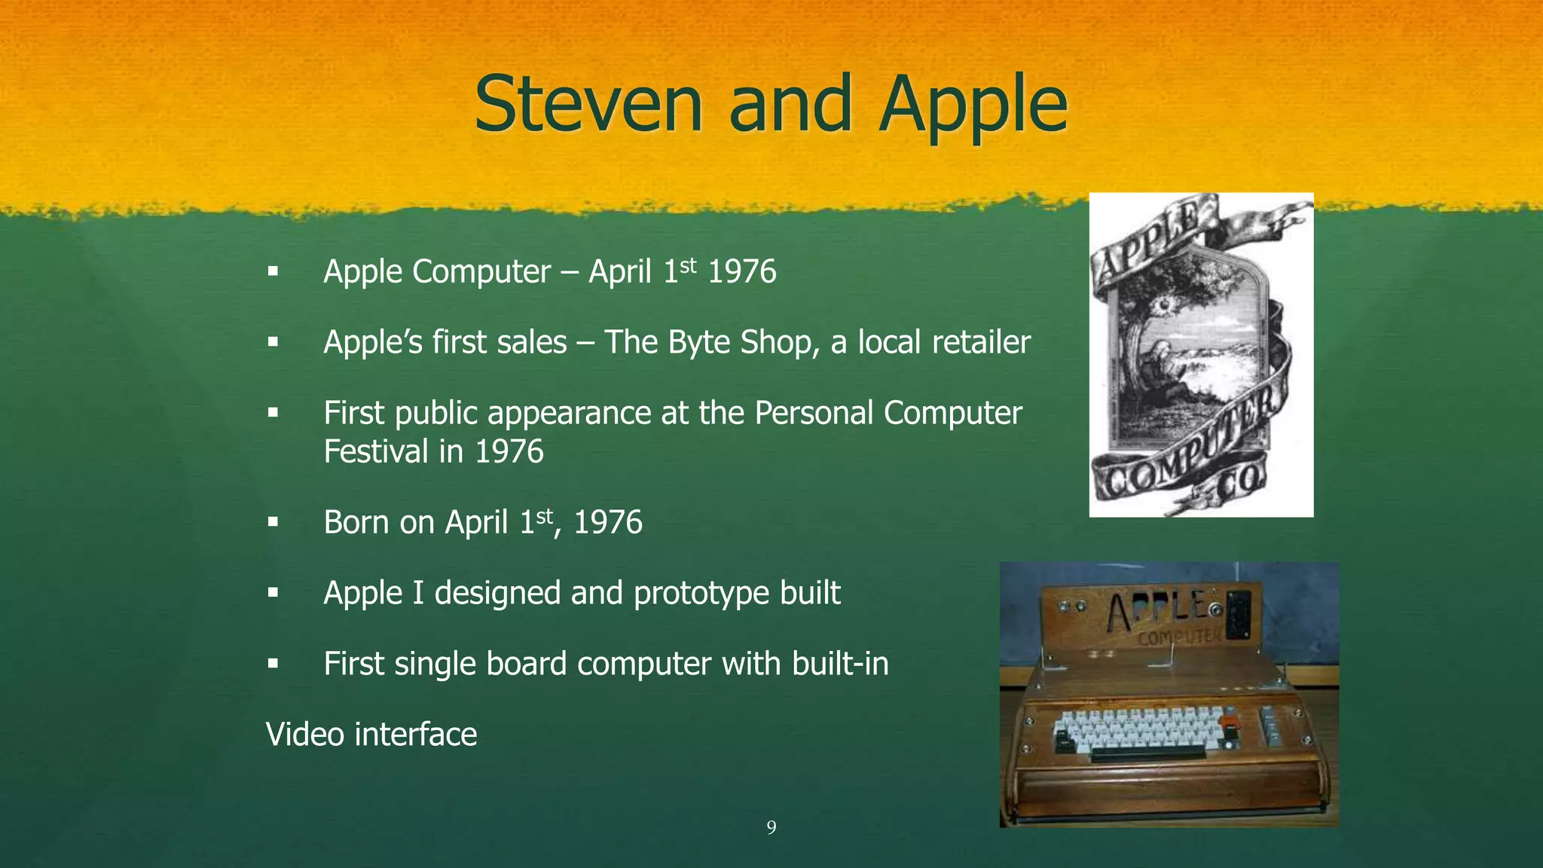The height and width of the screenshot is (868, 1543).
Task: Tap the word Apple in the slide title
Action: (x=973, y=107)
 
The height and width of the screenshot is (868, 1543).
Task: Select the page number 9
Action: (x=771, y=828)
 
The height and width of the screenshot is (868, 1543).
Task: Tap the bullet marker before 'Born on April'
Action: (x=273, y=522)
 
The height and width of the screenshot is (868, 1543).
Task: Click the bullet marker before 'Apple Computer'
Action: (x=273, y=271)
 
